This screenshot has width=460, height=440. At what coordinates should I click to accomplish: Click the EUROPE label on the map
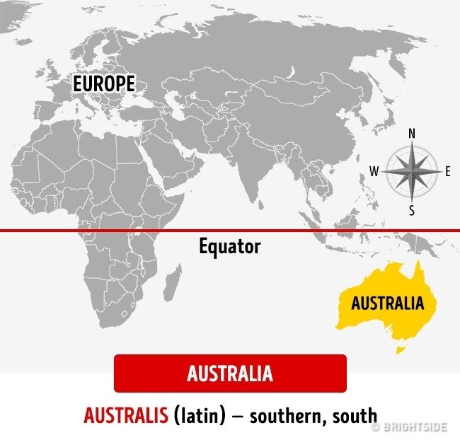point(104,83)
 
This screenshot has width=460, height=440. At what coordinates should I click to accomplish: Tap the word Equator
point(229,247)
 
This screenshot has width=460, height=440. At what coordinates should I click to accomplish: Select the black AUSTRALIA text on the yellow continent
point(387,303)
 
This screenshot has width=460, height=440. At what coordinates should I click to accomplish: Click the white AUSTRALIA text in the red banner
point(230,374)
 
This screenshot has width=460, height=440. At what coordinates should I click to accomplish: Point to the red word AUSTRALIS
point(126,415)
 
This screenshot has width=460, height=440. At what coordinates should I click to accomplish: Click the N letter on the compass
point(412,133)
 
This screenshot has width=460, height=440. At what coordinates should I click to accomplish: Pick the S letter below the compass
point(412,211)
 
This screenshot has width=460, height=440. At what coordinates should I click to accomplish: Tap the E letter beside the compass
point(447,171)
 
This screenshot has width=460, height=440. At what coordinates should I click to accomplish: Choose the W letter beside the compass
point(374,171)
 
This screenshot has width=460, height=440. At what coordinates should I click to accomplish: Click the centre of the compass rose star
point(412,171)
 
